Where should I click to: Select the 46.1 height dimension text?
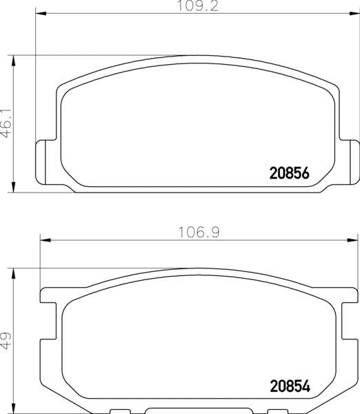pos(7,124)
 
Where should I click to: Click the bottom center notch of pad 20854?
pos(200,410)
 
